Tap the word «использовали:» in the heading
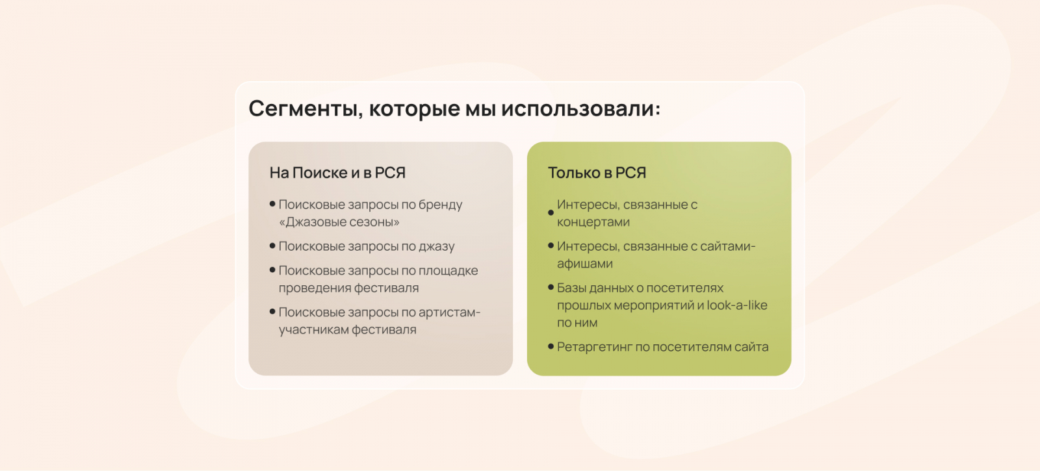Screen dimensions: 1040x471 tap(581, 108)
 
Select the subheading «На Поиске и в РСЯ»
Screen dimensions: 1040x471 tap(337, 173)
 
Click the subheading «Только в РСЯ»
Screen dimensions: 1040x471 tap(597, 173)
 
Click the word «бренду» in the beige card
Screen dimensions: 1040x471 tap(440, 205)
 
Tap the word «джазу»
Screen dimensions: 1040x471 tap(437, 246)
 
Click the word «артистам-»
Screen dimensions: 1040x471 tap(449, 312)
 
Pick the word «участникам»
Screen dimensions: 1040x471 tap(313, 330)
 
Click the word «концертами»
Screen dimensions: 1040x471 tap(593, 222)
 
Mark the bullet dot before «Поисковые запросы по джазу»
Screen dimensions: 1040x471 tap(272, 246)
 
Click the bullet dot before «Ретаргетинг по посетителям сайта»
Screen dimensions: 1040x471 tap(551, 346)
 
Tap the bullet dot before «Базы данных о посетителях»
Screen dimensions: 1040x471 tap(551, 287)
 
